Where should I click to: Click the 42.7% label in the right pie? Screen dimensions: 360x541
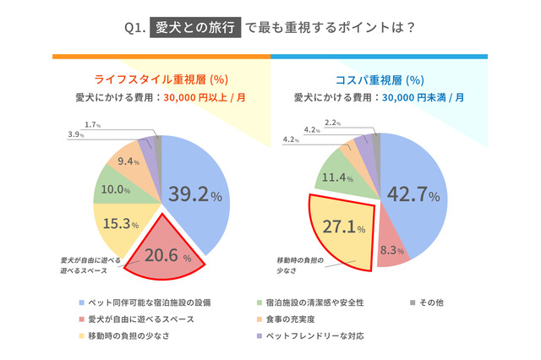[413, 194]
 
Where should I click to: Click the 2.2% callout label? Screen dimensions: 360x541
[333, 123]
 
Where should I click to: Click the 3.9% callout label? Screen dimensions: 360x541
[75, 134]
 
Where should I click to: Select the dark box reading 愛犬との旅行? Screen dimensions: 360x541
[194, 27]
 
